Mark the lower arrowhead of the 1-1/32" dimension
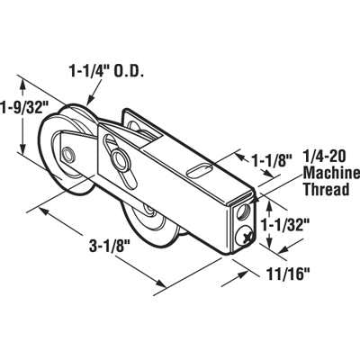click(271, 241)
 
